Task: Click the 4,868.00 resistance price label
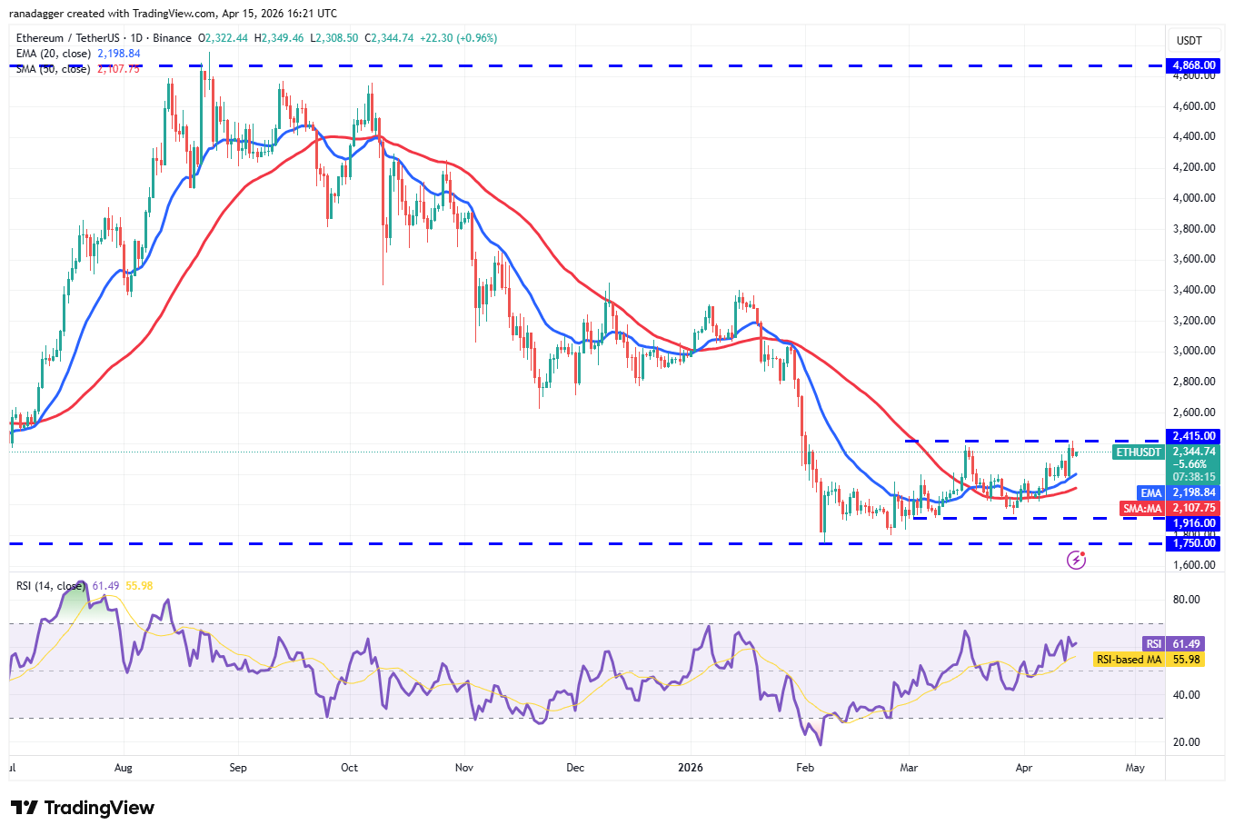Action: [x=1194, y=65]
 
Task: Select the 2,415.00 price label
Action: [x=1194, y=436]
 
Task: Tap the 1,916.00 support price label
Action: [x=1194, y=523]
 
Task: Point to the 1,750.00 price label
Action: [x=1194, y=543]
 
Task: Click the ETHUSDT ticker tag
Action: [x=1139, y=452]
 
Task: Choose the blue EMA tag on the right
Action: [x=1151, y=492]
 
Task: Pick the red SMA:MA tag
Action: [x=1142, y=509]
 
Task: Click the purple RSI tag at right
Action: [x=1153, y=644]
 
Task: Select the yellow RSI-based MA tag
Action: [x=1129, y=660]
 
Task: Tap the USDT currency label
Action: [x=1189, y=40]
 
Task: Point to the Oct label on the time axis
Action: [x=349, y=768]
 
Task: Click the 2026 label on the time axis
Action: [x=691, y=768]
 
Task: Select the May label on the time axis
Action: [x=1135, y=768]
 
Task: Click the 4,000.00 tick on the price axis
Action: [x=1194, y=198]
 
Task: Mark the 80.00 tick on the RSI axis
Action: [x=1186, y=600]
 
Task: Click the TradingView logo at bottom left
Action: [x=83, y=808]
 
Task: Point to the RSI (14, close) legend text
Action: [x=51, y=586]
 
